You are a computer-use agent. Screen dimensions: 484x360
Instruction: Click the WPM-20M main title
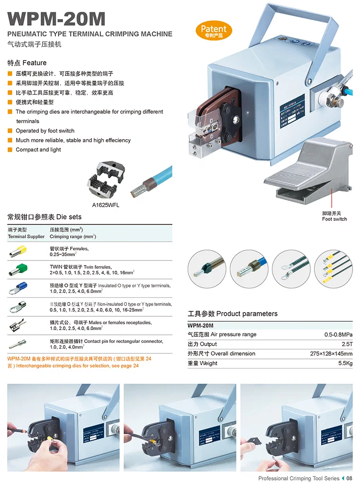[56, 19]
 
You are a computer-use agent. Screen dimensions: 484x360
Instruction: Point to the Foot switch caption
[334, 219]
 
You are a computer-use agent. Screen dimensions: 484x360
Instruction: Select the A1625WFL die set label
[106, 205]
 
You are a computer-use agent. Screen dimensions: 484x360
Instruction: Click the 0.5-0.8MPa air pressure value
[338, 335]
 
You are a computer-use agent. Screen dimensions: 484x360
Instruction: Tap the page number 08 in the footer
[350, 478]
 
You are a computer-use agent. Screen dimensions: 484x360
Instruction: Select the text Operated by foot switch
[45, 131]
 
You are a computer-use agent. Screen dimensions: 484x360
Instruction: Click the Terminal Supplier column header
[26, 236]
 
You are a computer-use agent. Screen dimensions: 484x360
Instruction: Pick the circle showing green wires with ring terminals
[290, 269]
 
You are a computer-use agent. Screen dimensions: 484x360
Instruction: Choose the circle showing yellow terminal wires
[333, 269]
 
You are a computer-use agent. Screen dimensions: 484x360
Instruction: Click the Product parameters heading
[233, 314]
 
